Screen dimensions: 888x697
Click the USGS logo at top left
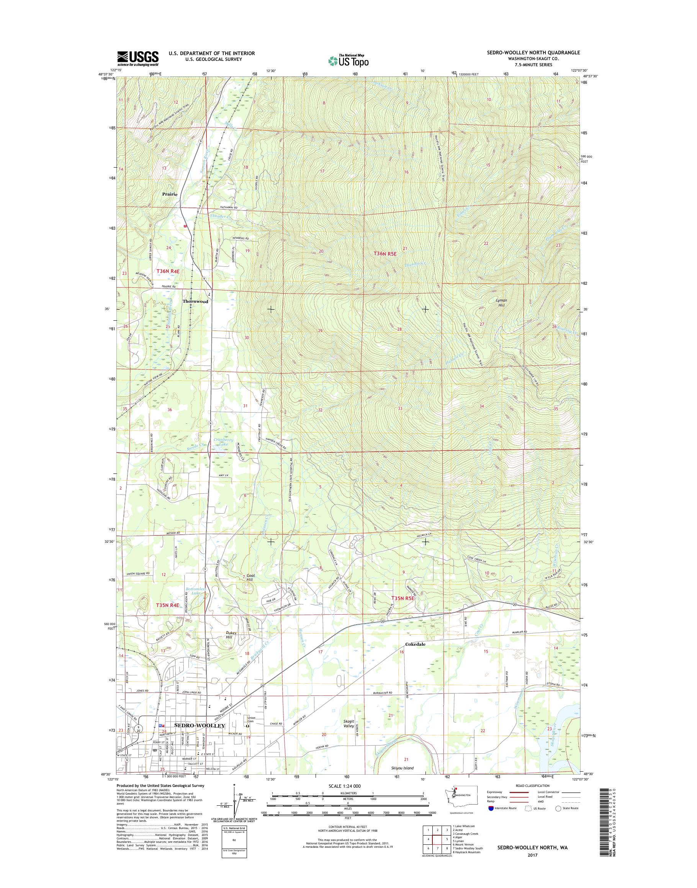click(x=137, y=58)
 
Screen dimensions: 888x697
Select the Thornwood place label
click(x=195, y=302)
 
